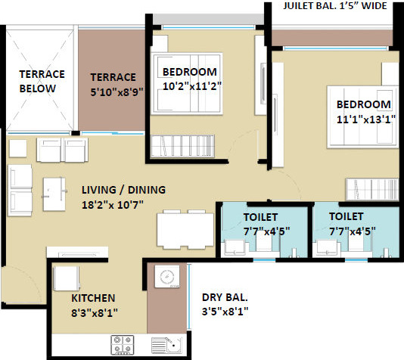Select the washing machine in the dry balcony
166,278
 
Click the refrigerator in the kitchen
65,278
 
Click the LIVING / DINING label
125,190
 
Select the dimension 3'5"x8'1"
225,312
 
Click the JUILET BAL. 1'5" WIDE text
334,7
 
